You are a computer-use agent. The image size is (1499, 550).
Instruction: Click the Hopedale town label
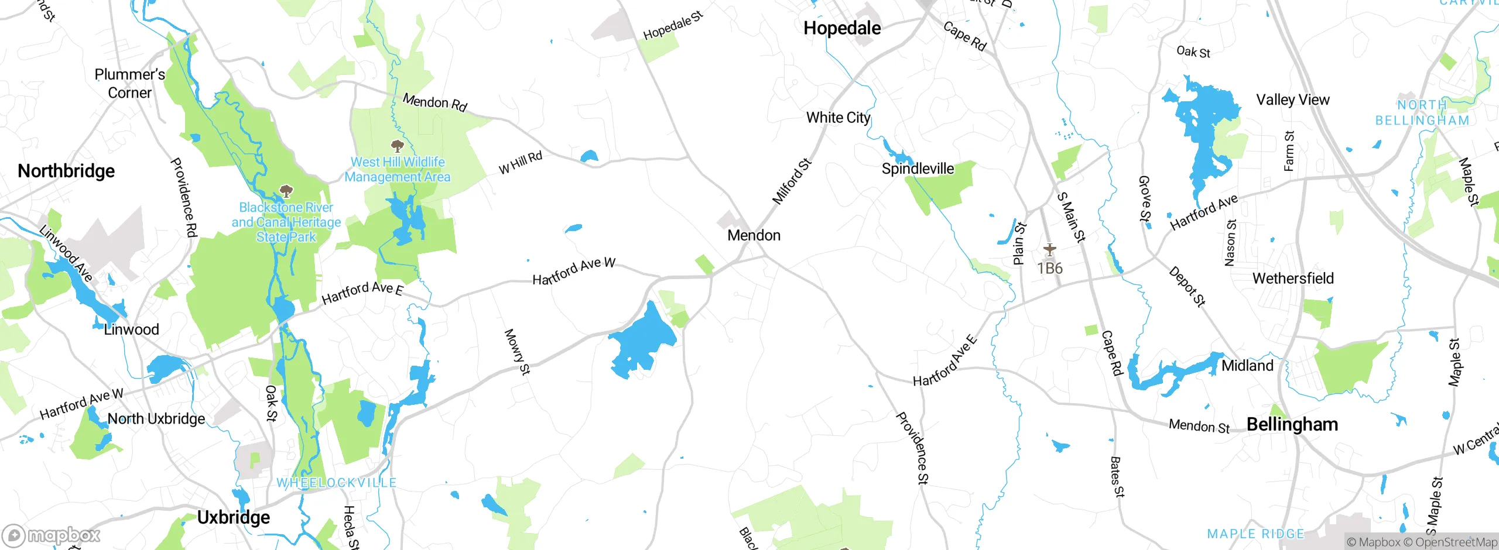[x=841, y=28]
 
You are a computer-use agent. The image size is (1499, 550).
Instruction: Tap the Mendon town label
[x=754, y=235]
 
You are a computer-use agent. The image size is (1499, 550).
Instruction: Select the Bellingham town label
[x=1292, y=424]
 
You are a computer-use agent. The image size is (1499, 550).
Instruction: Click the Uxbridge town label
[x=233, y=517]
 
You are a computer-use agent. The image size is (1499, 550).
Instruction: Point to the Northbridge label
[x=66, y=171]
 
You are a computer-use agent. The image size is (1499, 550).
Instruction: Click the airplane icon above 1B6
[x=1049, y=250]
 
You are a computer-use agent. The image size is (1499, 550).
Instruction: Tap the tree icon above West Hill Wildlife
[x=397, y=146]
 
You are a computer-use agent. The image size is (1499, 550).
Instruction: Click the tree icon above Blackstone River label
[x=286, y=191]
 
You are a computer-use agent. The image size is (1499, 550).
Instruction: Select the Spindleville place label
[x=918, y=169]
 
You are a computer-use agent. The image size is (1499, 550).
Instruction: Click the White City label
[x=838, y=118]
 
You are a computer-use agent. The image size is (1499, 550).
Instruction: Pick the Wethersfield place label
[x=1293, y=278]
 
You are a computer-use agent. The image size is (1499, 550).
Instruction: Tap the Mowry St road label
[x=517, y=352]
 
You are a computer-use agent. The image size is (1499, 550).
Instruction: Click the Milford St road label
[x=792, y=181]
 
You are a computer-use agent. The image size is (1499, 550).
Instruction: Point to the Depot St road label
[x=1187, y=287]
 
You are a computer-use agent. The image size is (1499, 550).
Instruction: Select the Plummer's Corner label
[x=129, y=84]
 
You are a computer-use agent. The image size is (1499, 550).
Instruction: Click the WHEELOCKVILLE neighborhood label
[x=336, y=483]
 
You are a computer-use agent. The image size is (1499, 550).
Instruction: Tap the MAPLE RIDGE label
[x=1255, y=534]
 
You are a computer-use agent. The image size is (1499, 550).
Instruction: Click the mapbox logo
[x=52, y=535]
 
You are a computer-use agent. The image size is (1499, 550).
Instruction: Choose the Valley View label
[x=1292, y=100]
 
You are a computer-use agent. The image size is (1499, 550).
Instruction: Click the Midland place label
[x=1247, y=366]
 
